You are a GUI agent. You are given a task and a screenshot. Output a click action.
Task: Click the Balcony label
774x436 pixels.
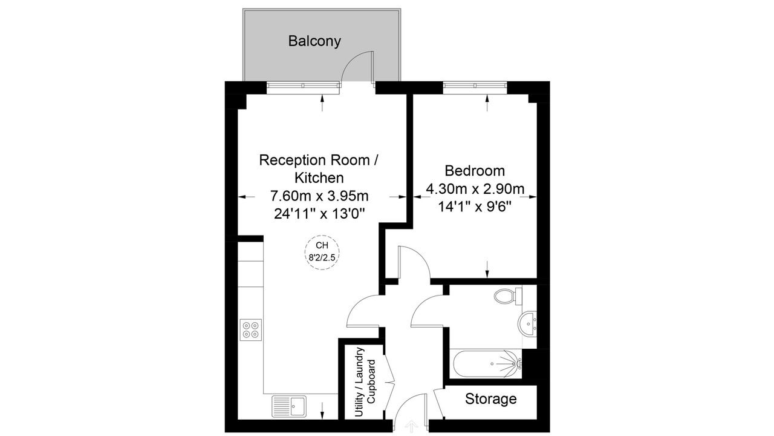(x=314, y=41)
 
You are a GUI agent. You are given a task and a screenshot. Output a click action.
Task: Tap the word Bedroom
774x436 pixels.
(x=475, y=171)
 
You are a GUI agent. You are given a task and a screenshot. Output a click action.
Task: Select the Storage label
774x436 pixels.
(x=490, y=398)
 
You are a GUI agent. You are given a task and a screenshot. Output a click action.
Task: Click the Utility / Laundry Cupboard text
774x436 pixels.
(x=365, y=382)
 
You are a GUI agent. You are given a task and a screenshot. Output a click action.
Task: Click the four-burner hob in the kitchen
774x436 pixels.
(x=250, y=330)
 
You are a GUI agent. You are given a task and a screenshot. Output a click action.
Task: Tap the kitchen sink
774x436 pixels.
(x=289, y=406)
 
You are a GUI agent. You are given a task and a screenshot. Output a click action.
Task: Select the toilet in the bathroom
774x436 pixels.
(x=508, y=296)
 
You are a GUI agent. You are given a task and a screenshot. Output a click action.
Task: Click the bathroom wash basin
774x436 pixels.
(x=527, y=323)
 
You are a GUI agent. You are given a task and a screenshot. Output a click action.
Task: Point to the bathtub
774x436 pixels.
(x=486, y=364)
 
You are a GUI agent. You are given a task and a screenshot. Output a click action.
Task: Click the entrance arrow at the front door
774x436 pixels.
(x=411, y=426)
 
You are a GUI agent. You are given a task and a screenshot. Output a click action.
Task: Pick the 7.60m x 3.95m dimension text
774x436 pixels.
(x=319, y=196)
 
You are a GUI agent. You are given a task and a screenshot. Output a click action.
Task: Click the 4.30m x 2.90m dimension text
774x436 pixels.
(x=475, y=189)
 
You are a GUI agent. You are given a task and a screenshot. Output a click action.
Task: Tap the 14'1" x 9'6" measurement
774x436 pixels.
(x=475, y=207)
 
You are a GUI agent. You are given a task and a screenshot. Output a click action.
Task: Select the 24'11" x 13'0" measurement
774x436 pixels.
(x=320, y=214)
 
